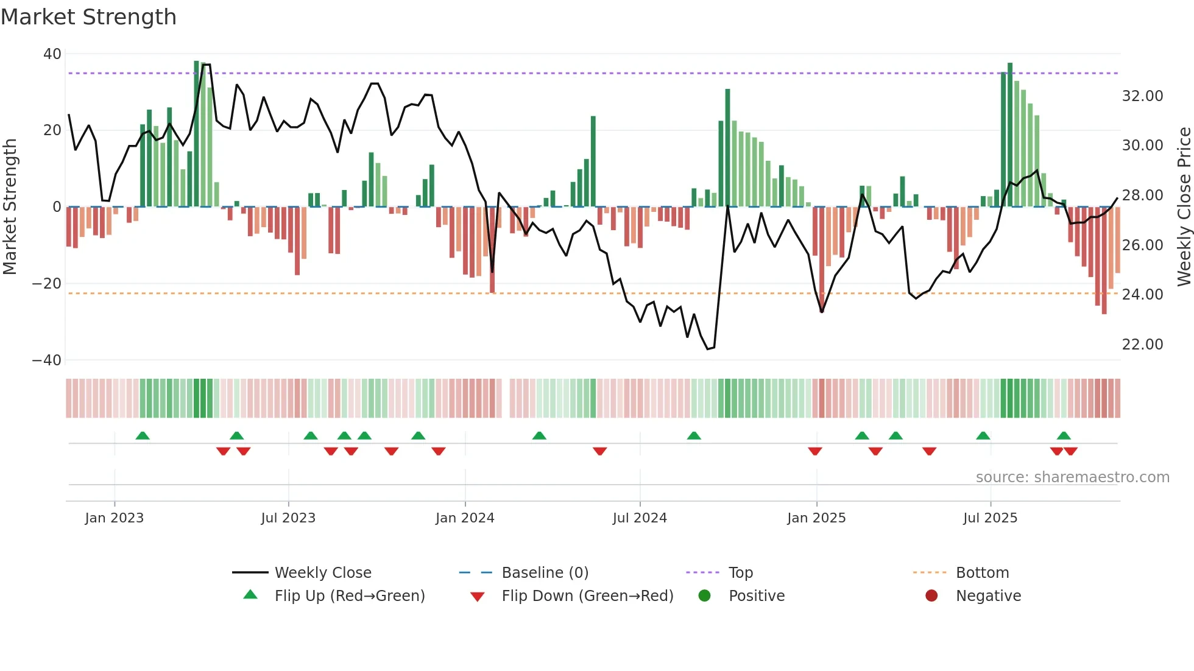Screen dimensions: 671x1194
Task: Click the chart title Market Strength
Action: pyautogui.click(x=88, y=17)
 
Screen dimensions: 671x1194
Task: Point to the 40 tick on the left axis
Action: pyautogui.click(x=52, y=54)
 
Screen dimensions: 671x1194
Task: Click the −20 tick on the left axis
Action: pyautogui.click(x=47, y=284)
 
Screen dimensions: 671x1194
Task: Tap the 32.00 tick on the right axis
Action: pyautogui.click(x=1142, y=96)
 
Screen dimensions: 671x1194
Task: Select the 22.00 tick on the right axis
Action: pyautogui.click(x=1142, y=345)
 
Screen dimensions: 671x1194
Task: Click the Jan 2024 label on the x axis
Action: pyautogui.click(x=465, y=518)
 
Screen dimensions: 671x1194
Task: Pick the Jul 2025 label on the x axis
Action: pyautogui.click(x=990, y=518)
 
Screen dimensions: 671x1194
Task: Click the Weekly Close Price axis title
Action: pyautogui.click(x=1184, y=206)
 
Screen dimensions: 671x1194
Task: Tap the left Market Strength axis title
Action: pyautogui.click(x=10, y=206)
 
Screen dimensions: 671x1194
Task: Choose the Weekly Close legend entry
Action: pyautogui.click(x=322, y=573)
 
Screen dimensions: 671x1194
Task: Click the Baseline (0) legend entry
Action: pyautogui.click(x=545, y=573)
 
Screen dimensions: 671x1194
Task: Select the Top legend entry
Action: pyautogui.click(x=740, y=573)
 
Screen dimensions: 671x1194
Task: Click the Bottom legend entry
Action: pyautogui.click(x=982, y=573)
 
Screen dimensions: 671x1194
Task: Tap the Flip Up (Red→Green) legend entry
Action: pyautogui.click(x=349, y=596)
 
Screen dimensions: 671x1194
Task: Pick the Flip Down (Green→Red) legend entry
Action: pyautogui.click(x=587, y=596)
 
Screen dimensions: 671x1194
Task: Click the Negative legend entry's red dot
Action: pyautogui.click(x=931, y=595)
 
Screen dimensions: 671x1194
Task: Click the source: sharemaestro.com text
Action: pyautogui.click(x=1072, y=477)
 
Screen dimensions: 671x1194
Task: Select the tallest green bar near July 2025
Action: pyautogui.click(x=1010, y=134)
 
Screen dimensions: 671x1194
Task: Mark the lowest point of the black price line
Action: pyautogui.click(x=708, y=349)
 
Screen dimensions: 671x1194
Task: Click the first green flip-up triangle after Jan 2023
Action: pyautogui.click(x=143, y=435)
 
